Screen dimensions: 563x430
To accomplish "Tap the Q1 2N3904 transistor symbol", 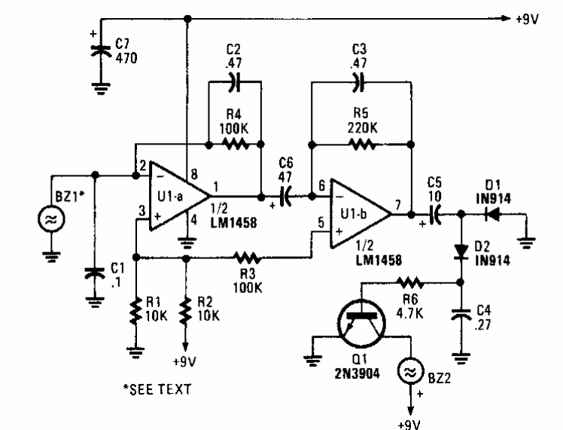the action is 362,324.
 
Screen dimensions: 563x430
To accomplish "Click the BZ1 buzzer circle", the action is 51,219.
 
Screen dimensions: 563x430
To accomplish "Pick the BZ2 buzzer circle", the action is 411,371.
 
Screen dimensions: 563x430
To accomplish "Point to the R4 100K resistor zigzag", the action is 235,145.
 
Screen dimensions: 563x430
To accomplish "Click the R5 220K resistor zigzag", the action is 362,145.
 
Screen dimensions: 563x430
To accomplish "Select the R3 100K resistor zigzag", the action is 247,258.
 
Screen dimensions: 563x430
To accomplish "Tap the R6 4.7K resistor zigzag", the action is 409,282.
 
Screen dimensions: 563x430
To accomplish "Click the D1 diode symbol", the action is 492,215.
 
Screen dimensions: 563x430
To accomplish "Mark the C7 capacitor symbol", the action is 101,50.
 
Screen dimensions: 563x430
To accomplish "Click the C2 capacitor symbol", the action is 235,82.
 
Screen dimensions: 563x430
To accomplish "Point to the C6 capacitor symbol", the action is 285,197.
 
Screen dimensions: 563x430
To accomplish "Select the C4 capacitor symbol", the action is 461,313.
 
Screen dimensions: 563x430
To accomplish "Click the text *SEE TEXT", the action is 157,389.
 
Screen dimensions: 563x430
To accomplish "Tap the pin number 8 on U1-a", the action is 194,175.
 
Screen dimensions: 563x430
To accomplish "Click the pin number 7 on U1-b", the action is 398,205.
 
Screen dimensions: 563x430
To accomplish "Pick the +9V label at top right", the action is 528,19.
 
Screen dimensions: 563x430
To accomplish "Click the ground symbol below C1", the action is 95,302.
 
